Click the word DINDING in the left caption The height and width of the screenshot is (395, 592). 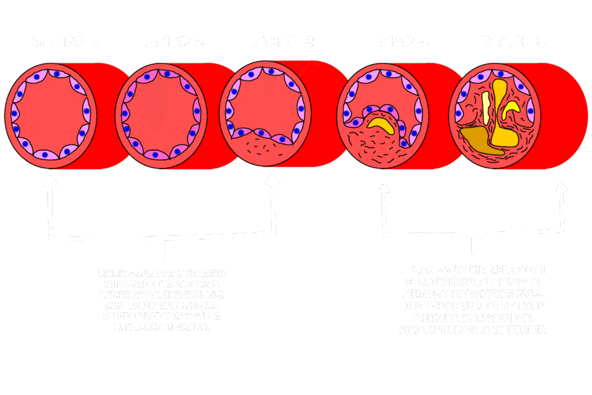114,272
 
